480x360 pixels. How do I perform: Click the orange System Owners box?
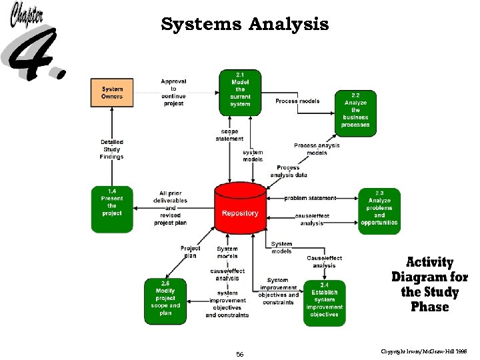point(112,93)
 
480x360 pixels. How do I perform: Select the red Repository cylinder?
point(240,210)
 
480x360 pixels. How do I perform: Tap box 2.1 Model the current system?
point(240,92)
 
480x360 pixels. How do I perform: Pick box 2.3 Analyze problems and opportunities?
point(379,210)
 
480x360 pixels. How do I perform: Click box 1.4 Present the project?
point(112,209)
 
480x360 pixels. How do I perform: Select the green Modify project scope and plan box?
point(165,302)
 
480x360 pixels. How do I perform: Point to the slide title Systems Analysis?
point(245,25)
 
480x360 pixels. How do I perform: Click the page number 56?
point(240,354)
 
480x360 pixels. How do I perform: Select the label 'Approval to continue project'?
point(173,93)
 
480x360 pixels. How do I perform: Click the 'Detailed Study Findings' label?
point(112,149)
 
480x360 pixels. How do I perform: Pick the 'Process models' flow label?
point(297,101)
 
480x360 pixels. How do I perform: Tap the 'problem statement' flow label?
point(310,198)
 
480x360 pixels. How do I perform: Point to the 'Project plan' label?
point(190,252)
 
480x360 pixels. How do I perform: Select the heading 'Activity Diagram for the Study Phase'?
point(429,284)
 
